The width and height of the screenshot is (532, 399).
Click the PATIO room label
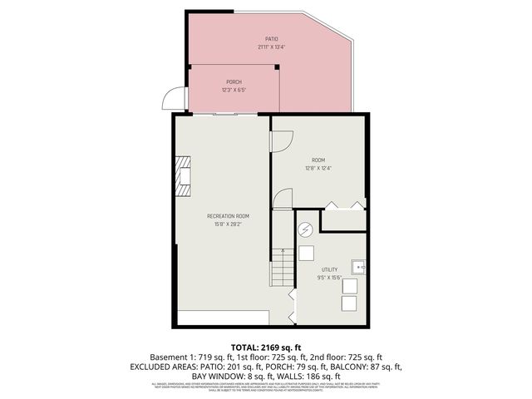click(271, 39)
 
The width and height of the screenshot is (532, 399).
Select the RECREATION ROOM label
click(228, 216)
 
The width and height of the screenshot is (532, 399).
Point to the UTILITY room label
click(330, 269)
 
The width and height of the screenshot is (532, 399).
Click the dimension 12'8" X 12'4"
click(318, 169)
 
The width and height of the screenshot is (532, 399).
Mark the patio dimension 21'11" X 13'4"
click(271, 47)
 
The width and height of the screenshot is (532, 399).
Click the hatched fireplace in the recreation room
click(182, 175)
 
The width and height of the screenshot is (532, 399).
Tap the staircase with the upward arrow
click(282, 268)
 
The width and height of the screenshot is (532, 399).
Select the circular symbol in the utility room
click(305, 229)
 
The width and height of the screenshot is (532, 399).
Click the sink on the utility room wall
click(358, 268)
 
